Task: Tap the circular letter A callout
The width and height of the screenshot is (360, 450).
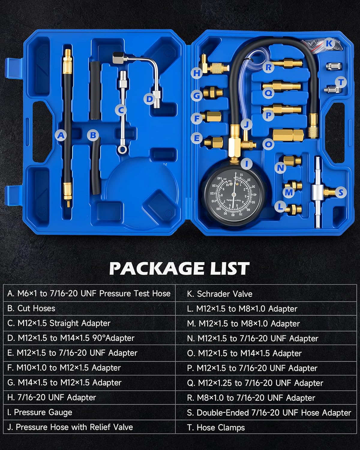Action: point(61,135)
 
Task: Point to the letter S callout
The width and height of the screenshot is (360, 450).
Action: point(340,192)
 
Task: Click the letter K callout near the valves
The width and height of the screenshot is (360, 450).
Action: point(329,43)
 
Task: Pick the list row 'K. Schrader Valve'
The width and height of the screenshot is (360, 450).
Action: point(220,294)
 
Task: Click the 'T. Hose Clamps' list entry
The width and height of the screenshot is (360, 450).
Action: point(216,427)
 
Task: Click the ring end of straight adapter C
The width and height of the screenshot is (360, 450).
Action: point(121,148)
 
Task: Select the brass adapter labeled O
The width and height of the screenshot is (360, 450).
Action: point(288,134)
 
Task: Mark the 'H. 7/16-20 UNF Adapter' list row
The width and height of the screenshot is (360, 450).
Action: point(52,397)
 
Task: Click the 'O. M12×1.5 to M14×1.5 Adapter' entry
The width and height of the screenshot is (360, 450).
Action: point(244,353)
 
